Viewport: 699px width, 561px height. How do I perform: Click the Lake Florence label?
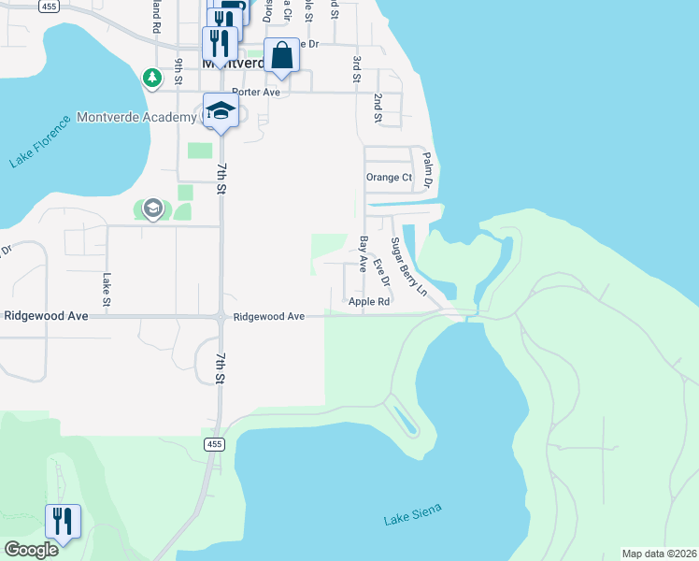[41, 141]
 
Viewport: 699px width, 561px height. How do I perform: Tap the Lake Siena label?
[412, 515]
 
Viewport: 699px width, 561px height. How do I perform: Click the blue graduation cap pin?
[221, 111]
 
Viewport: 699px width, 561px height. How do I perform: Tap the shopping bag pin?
[281, 56]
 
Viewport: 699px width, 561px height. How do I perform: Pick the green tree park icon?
[151, 77]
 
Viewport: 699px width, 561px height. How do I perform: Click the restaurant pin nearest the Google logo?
[63, 522]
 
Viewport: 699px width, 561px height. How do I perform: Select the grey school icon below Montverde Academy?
[153, 208]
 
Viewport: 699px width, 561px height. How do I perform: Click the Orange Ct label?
[389, 177]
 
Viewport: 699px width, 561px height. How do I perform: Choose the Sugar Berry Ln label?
[408, 267]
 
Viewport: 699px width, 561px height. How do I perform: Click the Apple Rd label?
[368, 302]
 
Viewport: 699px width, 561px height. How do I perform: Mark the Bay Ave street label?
[363, 254]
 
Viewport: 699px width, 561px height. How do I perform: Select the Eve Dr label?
[380, 272]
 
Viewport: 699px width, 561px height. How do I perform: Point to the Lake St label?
[107, 289]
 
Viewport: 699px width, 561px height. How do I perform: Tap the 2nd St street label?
[378, 108]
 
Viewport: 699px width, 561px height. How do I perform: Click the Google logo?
[31, 550]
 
